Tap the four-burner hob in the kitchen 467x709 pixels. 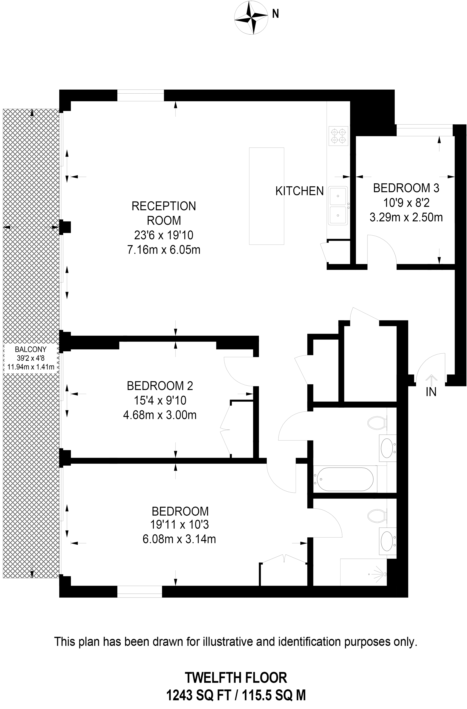click(x=339, y=136)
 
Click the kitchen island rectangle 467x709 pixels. click(x=267, y=196)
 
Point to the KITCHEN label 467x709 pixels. click(x=299, y=191)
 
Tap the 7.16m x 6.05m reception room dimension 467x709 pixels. click(x=164, y=250)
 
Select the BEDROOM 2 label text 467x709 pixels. click(x=160, y=386)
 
